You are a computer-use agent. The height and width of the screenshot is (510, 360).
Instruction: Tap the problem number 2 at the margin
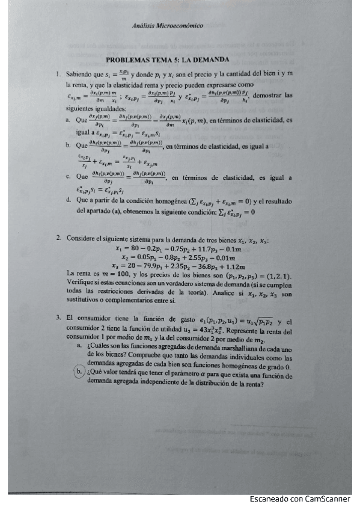(58, 239)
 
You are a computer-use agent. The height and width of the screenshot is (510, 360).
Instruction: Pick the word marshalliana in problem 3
(221, 348)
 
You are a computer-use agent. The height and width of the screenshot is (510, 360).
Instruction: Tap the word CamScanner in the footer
(331, 499)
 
